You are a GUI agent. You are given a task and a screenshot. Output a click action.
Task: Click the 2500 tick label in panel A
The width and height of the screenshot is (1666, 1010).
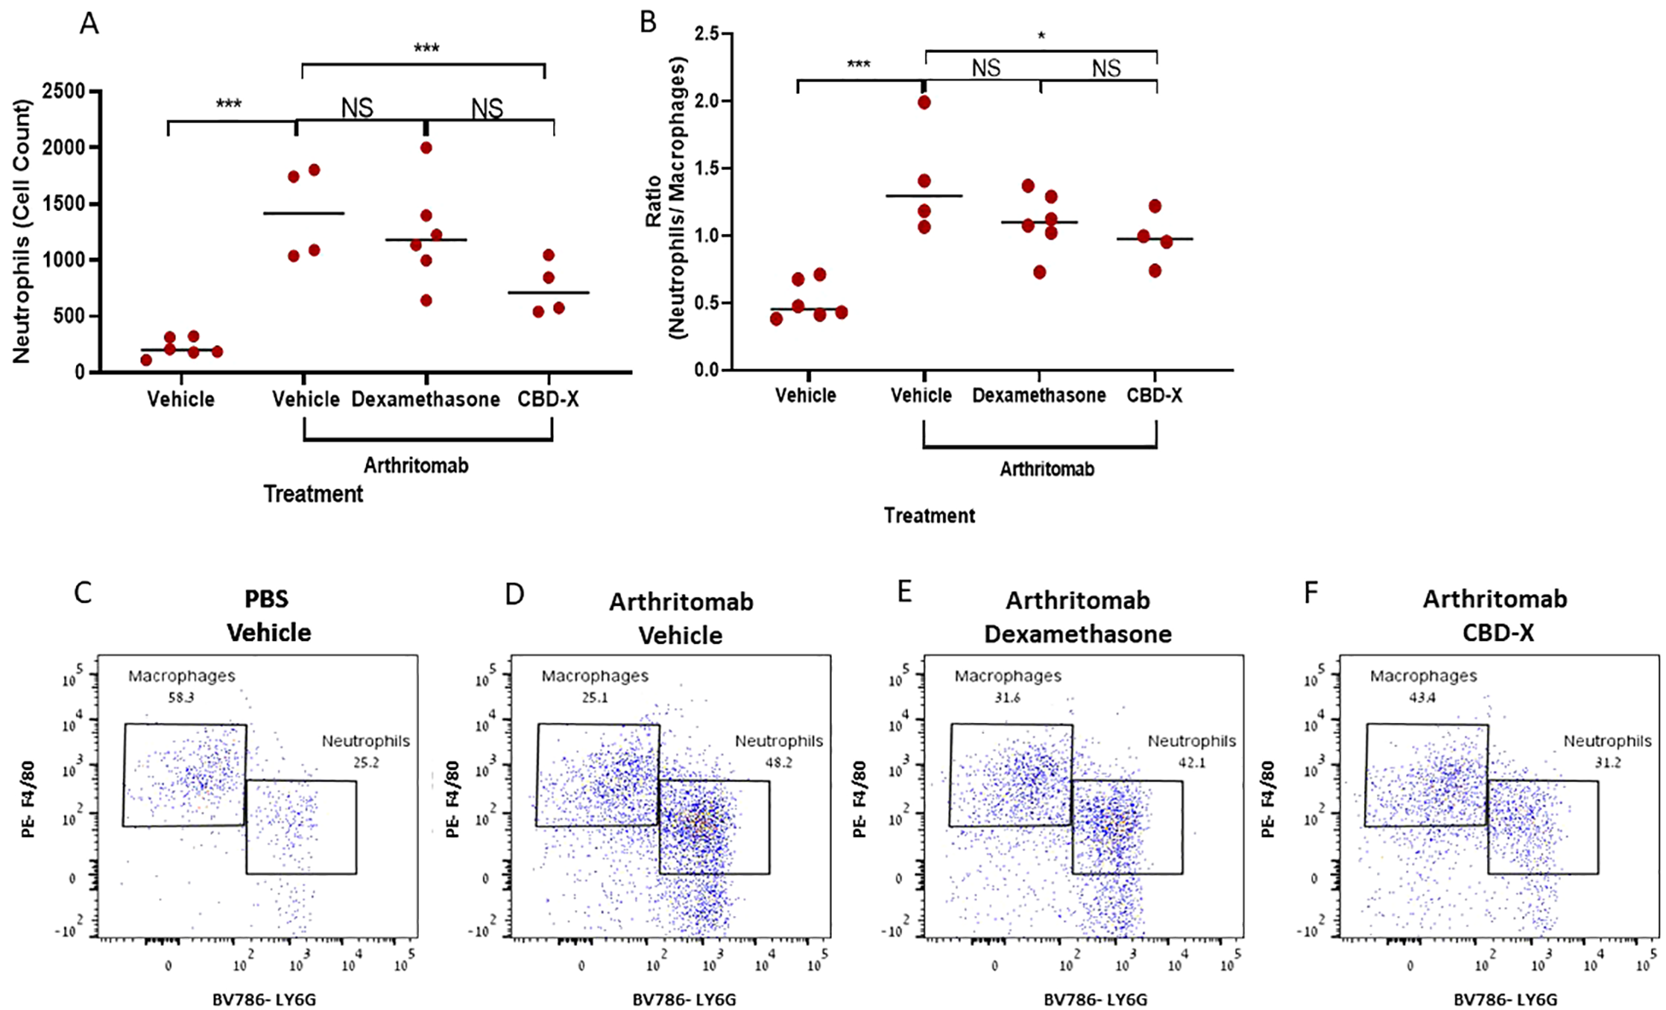point(64,91)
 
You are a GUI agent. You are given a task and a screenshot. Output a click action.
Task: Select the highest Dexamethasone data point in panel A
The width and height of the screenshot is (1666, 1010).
point(426,148)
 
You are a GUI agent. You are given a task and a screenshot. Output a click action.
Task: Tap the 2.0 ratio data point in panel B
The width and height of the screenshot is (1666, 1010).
point(924,103)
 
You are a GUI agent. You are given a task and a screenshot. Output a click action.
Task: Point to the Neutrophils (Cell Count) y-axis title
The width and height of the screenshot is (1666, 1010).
point(21,231)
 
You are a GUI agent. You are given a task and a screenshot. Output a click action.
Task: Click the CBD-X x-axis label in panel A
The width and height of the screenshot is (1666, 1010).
point(548,399)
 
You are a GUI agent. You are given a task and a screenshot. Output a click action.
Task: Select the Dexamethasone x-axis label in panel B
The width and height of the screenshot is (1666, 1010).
point(1039,396)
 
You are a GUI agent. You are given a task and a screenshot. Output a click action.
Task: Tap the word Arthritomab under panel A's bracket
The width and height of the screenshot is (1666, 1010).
point(416,466)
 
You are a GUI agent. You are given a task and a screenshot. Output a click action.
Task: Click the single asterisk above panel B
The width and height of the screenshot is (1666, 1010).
point(1041,36)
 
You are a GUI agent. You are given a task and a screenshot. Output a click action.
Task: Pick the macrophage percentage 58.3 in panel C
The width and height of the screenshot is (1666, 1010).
point(181,697)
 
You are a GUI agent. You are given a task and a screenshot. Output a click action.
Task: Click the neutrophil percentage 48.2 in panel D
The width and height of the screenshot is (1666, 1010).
point(778,762)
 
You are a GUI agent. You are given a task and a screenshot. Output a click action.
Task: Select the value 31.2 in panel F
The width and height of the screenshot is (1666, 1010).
point(1607,762)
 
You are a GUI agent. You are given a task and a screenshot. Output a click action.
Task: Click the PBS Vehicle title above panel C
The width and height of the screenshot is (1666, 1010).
point(268,616)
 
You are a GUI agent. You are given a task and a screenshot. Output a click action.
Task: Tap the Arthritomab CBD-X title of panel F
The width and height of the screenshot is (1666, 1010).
point(1496,616)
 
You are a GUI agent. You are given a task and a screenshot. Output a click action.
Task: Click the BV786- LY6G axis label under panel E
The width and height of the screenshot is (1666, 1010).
point(1095,999)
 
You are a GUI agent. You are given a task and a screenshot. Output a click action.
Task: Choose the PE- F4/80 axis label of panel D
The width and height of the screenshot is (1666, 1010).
point(452,799)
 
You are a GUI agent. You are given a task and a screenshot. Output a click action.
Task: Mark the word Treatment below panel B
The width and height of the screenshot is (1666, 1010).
point(929,515)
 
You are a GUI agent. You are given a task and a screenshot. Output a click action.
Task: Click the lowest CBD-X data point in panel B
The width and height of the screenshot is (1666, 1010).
point(1155,271)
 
